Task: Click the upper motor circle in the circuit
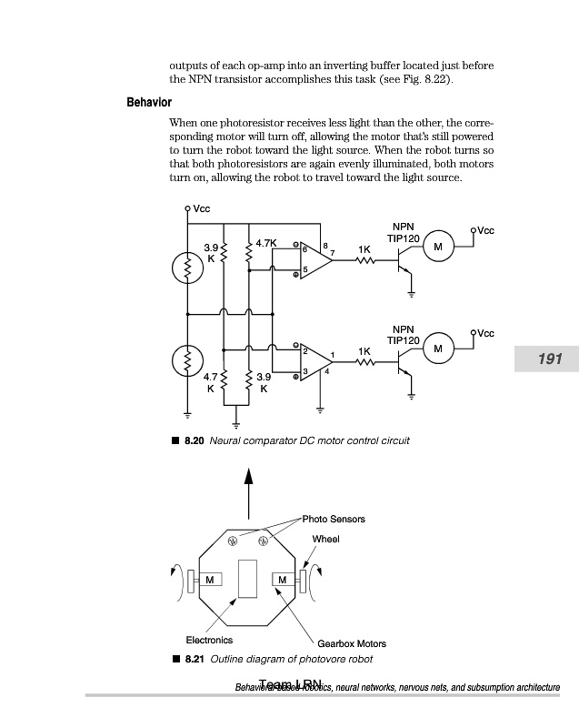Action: (x=438, y=248)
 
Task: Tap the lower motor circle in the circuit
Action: (x=438, y=349)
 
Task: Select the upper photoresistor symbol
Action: (x=187, y=268)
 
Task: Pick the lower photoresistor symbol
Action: (x=187, y=361)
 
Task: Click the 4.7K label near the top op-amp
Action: (x=266, y=243)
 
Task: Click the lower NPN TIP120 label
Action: (x=402, y=334)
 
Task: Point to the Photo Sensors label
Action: (x=334, y=519)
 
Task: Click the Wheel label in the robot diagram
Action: (x=325, y=539)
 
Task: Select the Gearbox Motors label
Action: (x=352, y=643)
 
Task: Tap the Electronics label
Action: (x=209, y=640)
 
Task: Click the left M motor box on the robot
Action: (x=210, y=580)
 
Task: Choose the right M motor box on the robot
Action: (x=283, y=580)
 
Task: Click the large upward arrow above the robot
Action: (x=247, y=490)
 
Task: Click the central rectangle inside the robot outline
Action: (x=247, y=579)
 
